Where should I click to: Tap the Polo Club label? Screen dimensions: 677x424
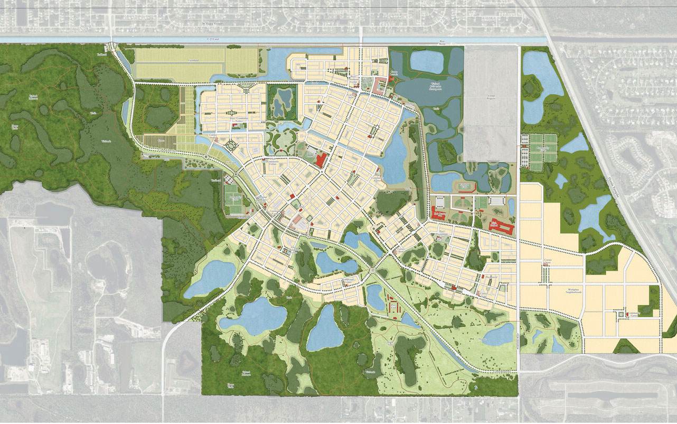393,305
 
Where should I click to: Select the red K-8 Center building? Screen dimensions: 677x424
440,216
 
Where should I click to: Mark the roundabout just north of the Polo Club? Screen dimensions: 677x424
373,271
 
